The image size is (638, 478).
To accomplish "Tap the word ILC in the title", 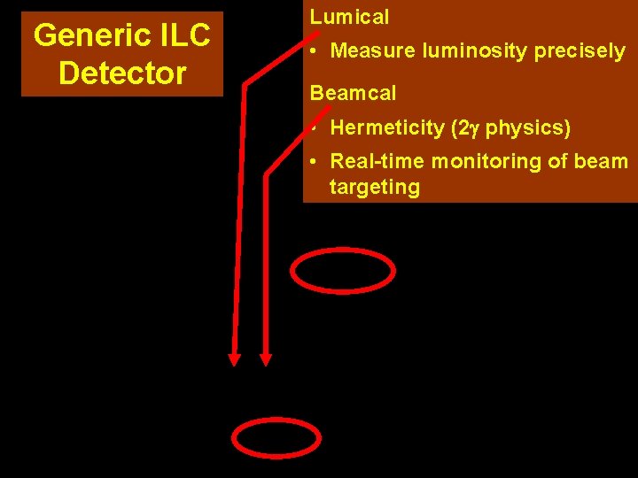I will tap(181, 36).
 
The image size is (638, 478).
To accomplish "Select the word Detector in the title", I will tap(122, 73).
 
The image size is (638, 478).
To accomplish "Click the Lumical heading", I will tap(349, 17).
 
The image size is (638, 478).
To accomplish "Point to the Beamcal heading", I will tap(353, 93).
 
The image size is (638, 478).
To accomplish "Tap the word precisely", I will tap(580, 51).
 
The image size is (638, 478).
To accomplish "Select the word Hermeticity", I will tap(386, 127).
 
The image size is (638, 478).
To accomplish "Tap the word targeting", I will tap(374, 187).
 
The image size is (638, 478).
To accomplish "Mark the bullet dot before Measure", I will tap(315, 51).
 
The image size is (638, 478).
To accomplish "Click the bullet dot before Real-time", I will tap(315, 161).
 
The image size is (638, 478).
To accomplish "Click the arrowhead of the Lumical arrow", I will tap(235, 358).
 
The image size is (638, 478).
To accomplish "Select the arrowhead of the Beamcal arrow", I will tap(265, 358).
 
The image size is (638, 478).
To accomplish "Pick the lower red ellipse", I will tap(276, 437).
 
